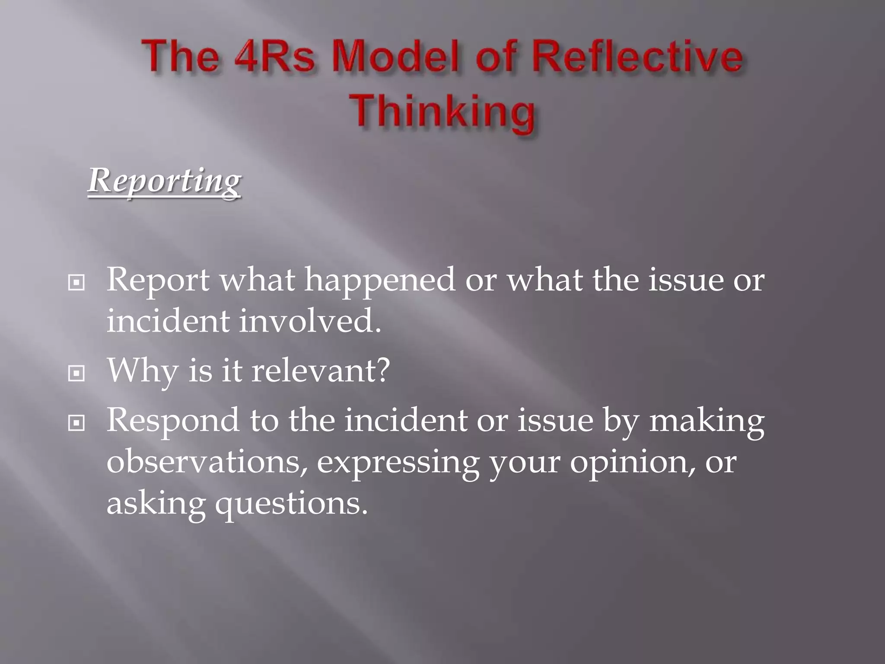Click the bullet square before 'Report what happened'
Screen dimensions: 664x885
pos(76,283)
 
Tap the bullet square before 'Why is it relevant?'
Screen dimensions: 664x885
pos(76,373)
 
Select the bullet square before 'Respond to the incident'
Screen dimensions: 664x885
pos(76,424)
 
